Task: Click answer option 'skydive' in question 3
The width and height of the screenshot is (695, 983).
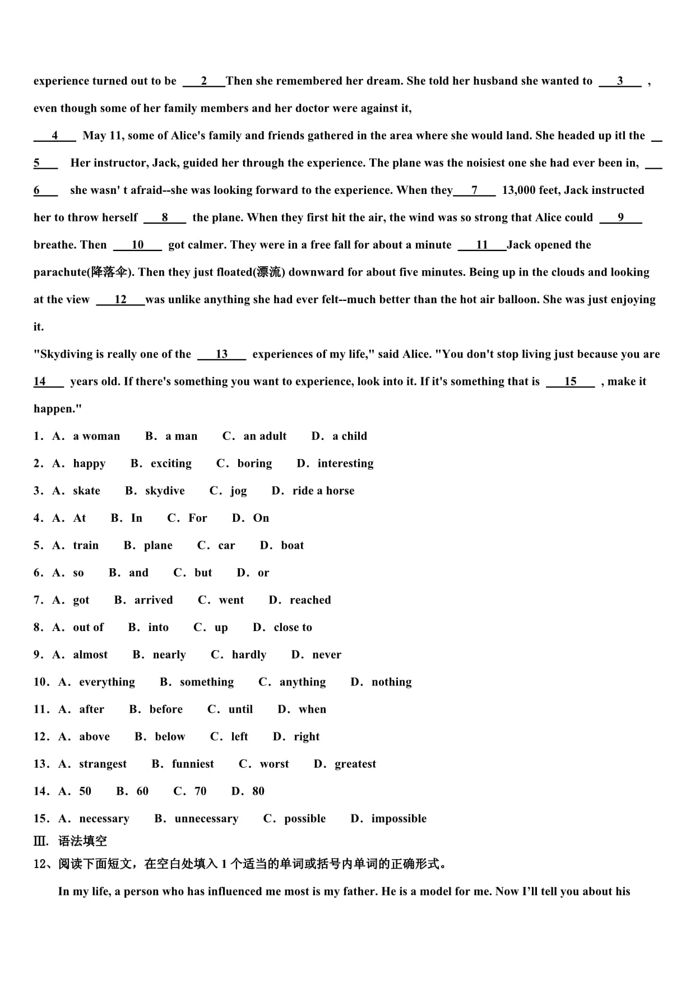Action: pos(164,491)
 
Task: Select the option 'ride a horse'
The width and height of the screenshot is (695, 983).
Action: pos(323,491)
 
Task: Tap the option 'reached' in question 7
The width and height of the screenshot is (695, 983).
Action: pos(310,600)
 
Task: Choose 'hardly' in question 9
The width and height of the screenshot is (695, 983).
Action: pos(249,655)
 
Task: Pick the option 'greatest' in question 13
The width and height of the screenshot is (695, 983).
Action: pos(355,764)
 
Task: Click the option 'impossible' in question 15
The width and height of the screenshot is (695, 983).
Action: pos(399,819)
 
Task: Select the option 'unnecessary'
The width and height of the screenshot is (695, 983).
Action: pos(206,819)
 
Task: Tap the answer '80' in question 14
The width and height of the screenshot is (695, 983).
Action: pos(258,791)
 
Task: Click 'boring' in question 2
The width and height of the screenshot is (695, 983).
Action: pos(254,463)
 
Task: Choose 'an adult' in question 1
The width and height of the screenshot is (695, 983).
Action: pos(265,436)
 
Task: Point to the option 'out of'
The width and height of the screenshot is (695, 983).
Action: pos(88,627)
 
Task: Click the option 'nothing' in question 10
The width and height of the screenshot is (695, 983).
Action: pos(391,682)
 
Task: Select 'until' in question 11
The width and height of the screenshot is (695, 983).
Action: pos(240,710)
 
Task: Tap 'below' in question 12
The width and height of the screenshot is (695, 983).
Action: pos(170,736)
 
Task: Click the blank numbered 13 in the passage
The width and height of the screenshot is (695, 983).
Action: pos(222,354)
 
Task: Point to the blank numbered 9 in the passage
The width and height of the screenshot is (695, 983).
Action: pos(620,217)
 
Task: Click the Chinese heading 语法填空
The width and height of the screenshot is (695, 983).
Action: pos(82,841)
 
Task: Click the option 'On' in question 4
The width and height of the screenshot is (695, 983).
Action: pos(261,518)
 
